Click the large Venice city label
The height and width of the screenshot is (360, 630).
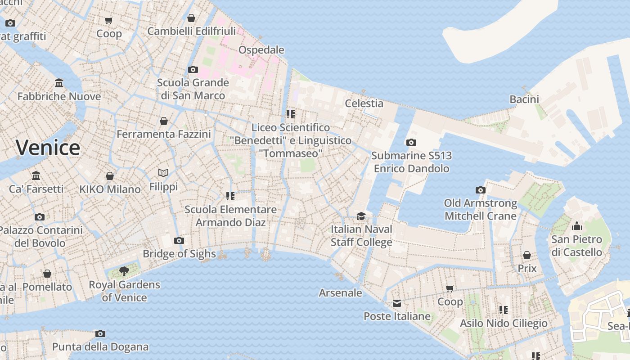[48, 148]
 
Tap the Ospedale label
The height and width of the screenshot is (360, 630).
[261, 49]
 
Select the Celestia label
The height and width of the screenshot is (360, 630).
[364, 103]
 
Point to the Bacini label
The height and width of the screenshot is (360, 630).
[524, 99]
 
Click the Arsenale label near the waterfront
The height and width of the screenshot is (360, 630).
[340, 292]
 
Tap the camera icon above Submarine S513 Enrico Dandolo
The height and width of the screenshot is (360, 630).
[411, 142]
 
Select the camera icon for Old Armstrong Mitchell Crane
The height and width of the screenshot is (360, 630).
[481, 190]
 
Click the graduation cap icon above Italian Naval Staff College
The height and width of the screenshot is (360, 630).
[361, 216]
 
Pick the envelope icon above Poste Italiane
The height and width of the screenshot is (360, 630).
[396, 303]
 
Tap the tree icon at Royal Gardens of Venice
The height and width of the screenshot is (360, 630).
[124, 271]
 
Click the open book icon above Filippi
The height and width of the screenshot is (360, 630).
[163, 173]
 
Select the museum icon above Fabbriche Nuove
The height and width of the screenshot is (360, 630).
[59, 83]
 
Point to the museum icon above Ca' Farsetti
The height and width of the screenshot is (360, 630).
[36, 175]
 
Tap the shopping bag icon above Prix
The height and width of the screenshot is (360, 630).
[527, 255]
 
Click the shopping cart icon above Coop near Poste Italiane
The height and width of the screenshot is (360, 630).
[450, 288]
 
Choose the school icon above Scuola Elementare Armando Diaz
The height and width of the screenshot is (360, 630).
[230, 196]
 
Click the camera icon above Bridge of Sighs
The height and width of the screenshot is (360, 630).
[179, 240]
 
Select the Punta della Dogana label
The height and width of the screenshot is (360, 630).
[100, 346]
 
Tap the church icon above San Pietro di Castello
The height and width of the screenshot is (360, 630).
[577, 226]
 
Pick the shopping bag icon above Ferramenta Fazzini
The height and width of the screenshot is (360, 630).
[164, 121]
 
